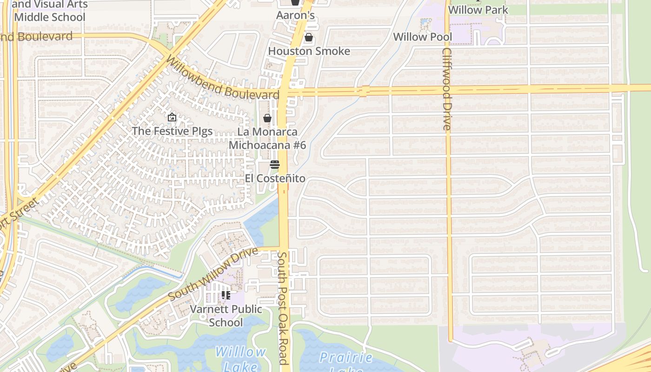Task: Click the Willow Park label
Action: point(478,10)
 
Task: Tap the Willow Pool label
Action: point(422,37)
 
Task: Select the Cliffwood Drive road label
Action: point(446,89)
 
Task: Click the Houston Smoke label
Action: point(309,51)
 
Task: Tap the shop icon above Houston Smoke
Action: point(308,37)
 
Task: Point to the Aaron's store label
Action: point(295,15)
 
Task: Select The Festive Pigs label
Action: point(172,131)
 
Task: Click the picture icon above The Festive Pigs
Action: point(172,117)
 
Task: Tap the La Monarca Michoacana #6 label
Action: point(267,139)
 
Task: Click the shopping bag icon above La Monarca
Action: point(267,118)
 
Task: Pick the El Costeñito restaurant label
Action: point(275,179)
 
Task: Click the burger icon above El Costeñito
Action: point(275,165)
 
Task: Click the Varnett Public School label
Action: point(226,316)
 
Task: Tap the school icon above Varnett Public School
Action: point(226,295)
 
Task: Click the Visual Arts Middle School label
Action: point(50,11)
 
